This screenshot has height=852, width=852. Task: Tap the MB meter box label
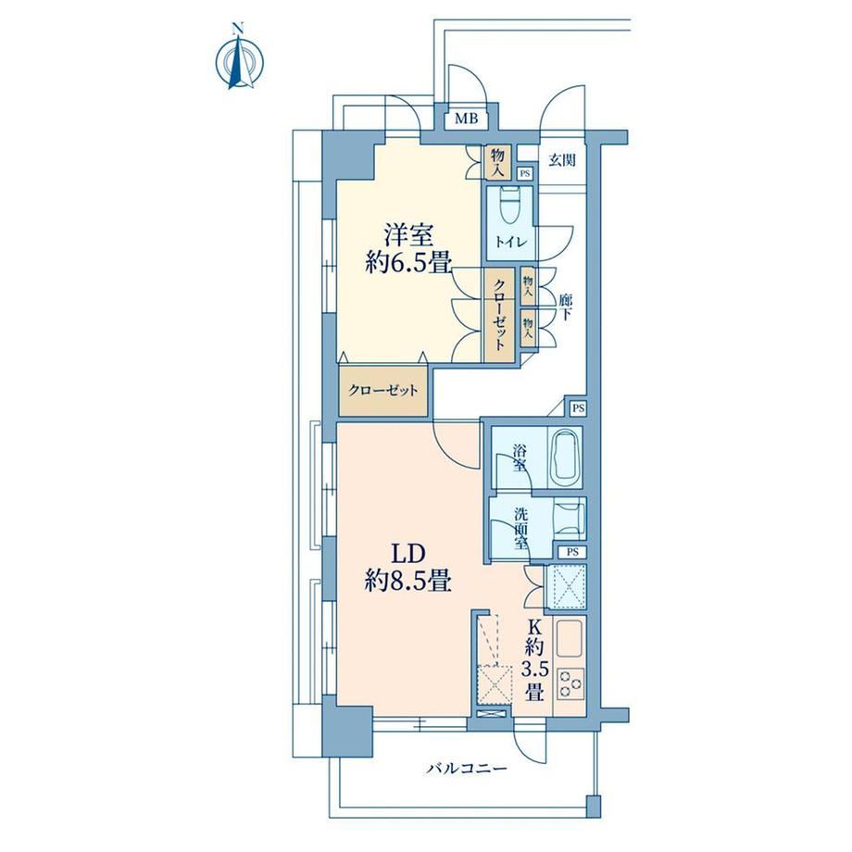tap(466, 119)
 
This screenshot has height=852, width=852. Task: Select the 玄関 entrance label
tap(562, 160)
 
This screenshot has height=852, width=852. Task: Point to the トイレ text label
tap(511, 243)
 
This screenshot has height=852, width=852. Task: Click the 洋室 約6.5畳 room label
tap(409, 250)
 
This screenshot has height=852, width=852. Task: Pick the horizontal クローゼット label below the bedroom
tap(383, 391)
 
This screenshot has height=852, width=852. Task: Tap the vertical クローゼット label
tap(499, 314)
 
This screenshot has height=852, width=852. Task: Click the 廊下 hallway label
tap(565, 307)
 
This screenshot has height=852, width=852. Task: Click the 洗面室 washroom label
tap(520, 529)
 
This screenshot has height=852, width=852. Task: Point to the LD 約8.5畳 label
tap(408, 569)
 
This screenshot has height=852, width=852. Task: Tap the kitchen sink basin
tap(569, 639)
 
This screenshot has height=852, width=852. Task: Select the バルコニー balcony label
tap(467, 769)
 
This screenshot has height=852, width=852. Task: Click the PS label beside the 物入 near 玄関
tap(524, 174)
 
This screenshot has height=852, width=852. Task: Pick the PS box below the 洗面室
tap(572, 552)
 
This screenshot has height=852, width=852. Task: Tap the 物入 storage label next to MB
tap(497, 162)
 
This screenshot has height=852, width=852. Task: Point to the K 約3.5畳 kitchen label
tap(533, 660)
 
